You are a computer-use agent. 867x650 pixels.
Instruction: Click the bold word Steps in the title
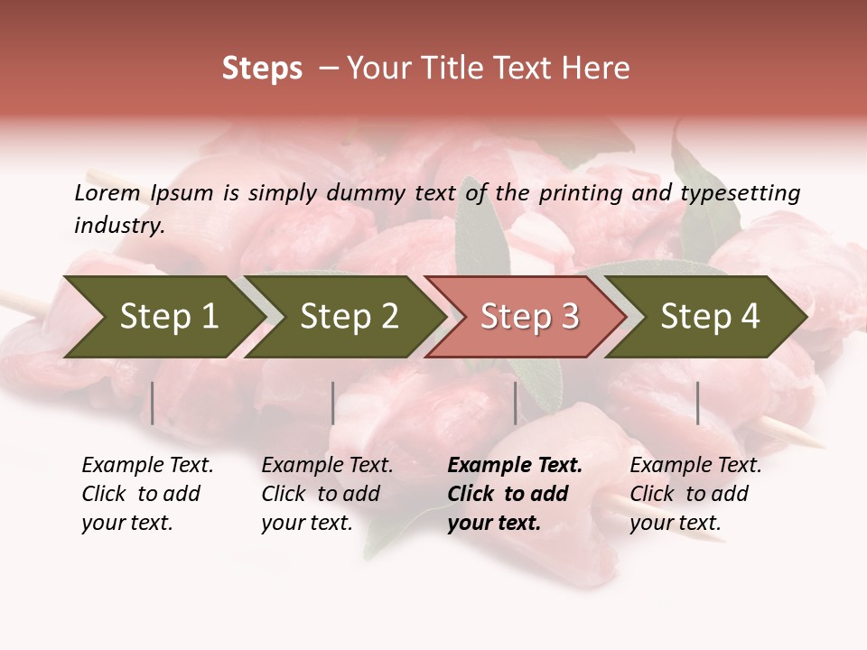tap(262, 69)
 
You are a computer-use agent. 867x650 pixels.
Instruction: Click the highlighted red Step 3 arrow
tap(525, 317)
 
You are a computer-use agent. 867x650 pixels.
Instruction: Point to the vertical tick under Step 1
tap(153, 403)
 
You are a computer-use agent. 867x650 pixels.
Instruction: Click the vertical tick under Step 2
tap(333, 403)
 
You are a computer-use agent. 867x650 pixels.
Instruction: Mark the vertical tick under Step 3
tap(516, 403)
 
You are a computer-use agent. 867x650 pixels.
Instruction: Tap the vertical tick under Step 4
tap(698, 403)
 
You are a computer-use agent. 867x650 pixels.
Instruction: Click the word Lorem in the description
tap(107, 192)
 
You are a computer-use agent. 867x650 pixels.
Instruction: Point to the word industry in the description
tap(118, 225)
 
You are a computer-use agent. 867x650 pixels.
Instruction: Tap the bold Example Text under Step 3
tap(515, 466)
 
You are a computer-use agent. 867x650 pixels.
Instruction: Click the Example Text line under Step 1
tap(147, 466)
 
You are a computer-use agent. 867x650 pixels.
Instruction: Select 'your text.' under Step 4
tap(675, 523)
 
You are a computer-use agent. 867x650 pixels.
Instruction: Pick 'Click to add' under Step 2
tap(321, 494)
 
